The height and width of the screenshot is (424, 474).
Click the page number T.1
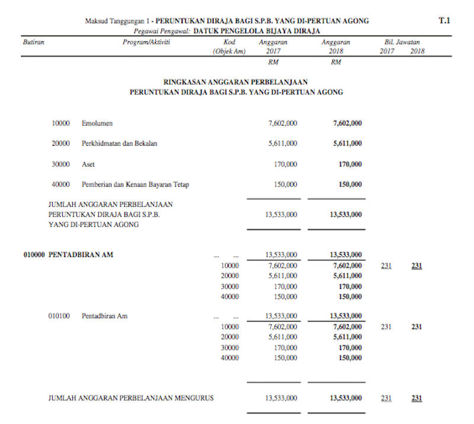pyautogui.click(x=444, y=21)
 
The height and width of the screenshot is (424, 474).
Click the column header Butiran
pyautogui.click(x=33, y=42)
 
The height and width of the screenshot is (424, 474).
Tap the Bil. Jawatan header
pyautogui.click(x=402, y=42)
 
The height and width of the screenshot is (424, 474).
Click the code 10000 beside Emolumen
pyautogui.click(x=60, y=123)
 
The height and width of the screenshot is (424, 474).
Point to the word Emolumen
pyautogui.click(x=97, y=123)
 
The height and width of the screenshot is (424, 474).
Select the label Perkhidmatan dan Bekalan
pyautogui.click(x=119, y=143)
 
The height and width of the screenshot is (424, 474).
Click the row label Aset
pyautogui.click(x=88, y=164)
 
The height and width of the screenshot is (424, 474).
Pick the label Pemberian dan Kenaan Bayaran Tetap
pyautogui.click(x=135, y=184)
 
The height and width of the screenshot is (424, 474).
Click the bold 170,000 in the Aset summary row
pyautogui.click(x=350, y=164)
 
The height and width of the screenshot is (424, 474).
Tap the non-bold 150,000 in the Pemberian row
pyautogui.click(x=286, y=184)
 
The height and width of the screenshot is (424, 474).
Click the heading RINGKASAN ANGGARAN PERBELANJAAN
pyautogui.click(x=236, y=82)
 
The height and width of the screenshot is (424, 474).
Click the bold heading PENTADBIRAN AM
pyautogui.click(x=81, y=255)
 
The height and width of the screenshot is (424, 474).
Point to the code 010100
pyautogui.click(x=59, y=316)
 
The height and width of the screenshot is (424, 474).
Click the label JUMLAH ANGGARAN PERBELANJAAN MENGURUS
pyautogui.click(x=131, y=398)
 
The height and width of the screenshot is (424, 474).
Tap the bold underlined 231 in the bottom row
pyautogui.click(x=417, y=398)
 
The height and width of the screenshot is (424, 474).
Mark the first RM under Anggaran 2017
pyautogui.click(x=273, y=62)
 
